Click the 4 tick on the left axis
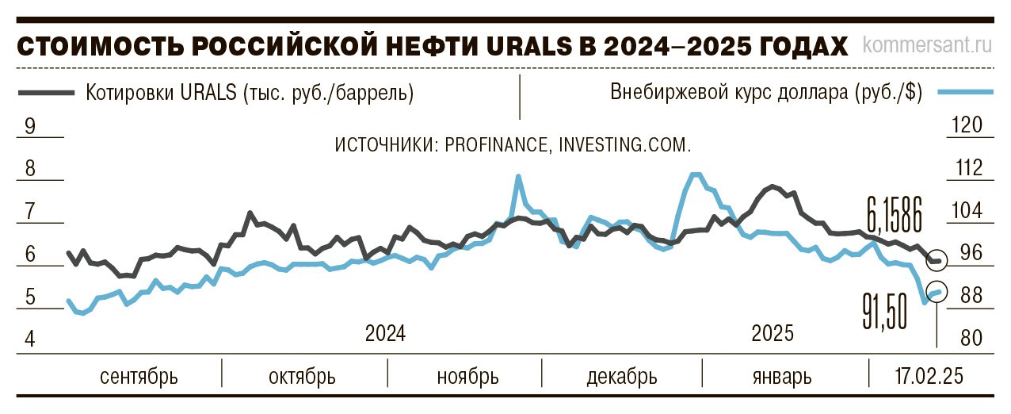click(x=31, y=339)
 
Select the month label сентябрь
click(x=139, y=375)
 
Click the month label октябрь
click(x=302, y=375)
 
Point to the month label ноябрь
click(x=467, y=375)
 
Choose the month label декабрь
click(x=622, y=375)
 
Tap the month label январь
click(x=782, y=375)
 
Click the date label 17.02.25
click(x=929, y=375)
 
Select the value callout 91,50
click(x=885, y=311)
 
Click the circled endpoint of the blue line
click(x=937, y=292)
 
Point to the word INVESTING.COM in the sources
click(x=625, y=146)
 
